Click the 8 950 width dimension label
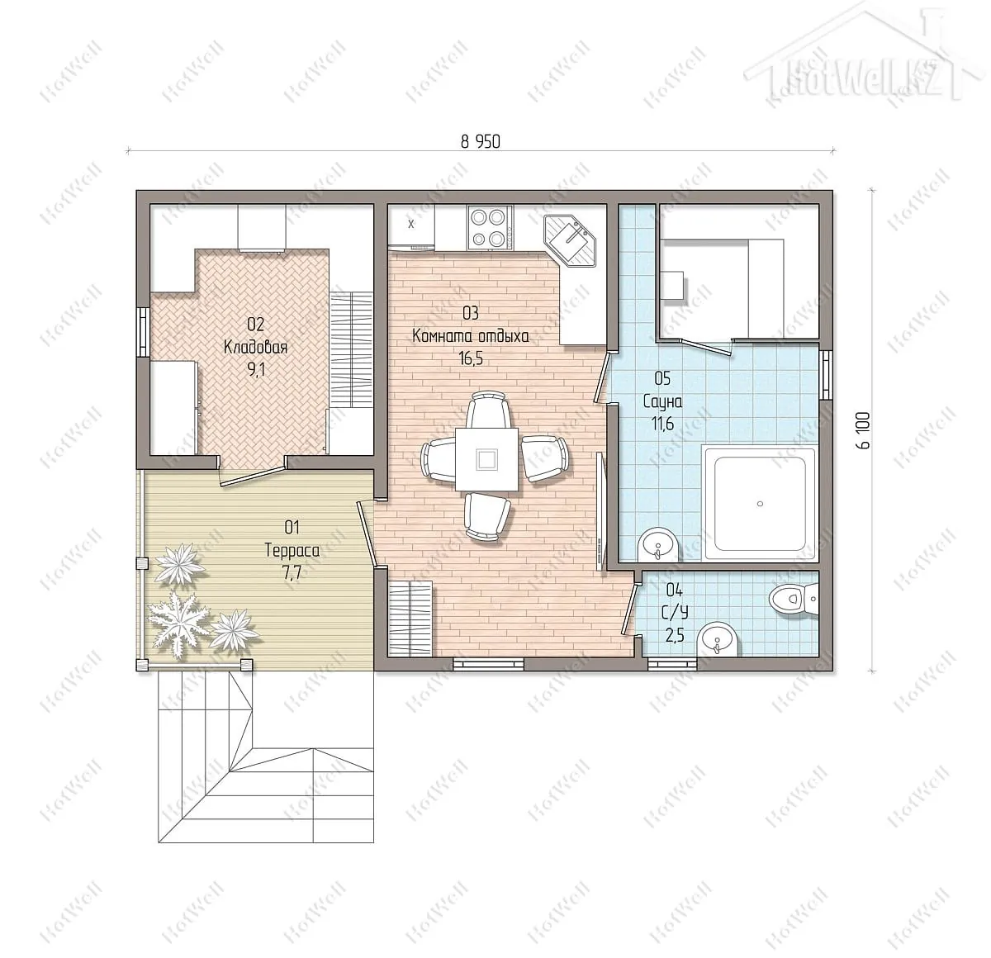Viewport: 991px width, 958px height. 481,141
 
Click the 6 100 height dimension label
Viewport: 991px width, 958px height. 864,429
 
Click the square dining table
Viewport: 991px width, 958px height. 487,459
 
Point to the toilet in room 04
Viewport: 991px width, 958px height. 794,597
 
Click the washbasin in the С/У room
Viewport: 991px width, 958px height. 718,640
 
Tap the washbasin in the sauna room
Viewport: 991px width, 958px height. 658,544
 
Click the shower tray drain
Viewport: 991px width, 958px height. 760,504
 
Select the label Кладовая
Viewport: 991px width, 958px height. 256,348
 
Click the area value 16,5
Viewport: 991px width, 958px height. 470,358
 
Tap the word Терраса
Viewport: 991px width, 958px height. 292,550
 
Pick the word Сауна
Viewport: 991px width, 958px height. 662,402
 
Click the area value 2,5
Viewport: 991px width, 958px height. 675,636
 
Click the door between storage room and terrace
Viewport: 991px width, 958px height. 252,473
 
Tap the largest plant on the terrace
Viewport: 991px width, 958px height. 178,624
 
